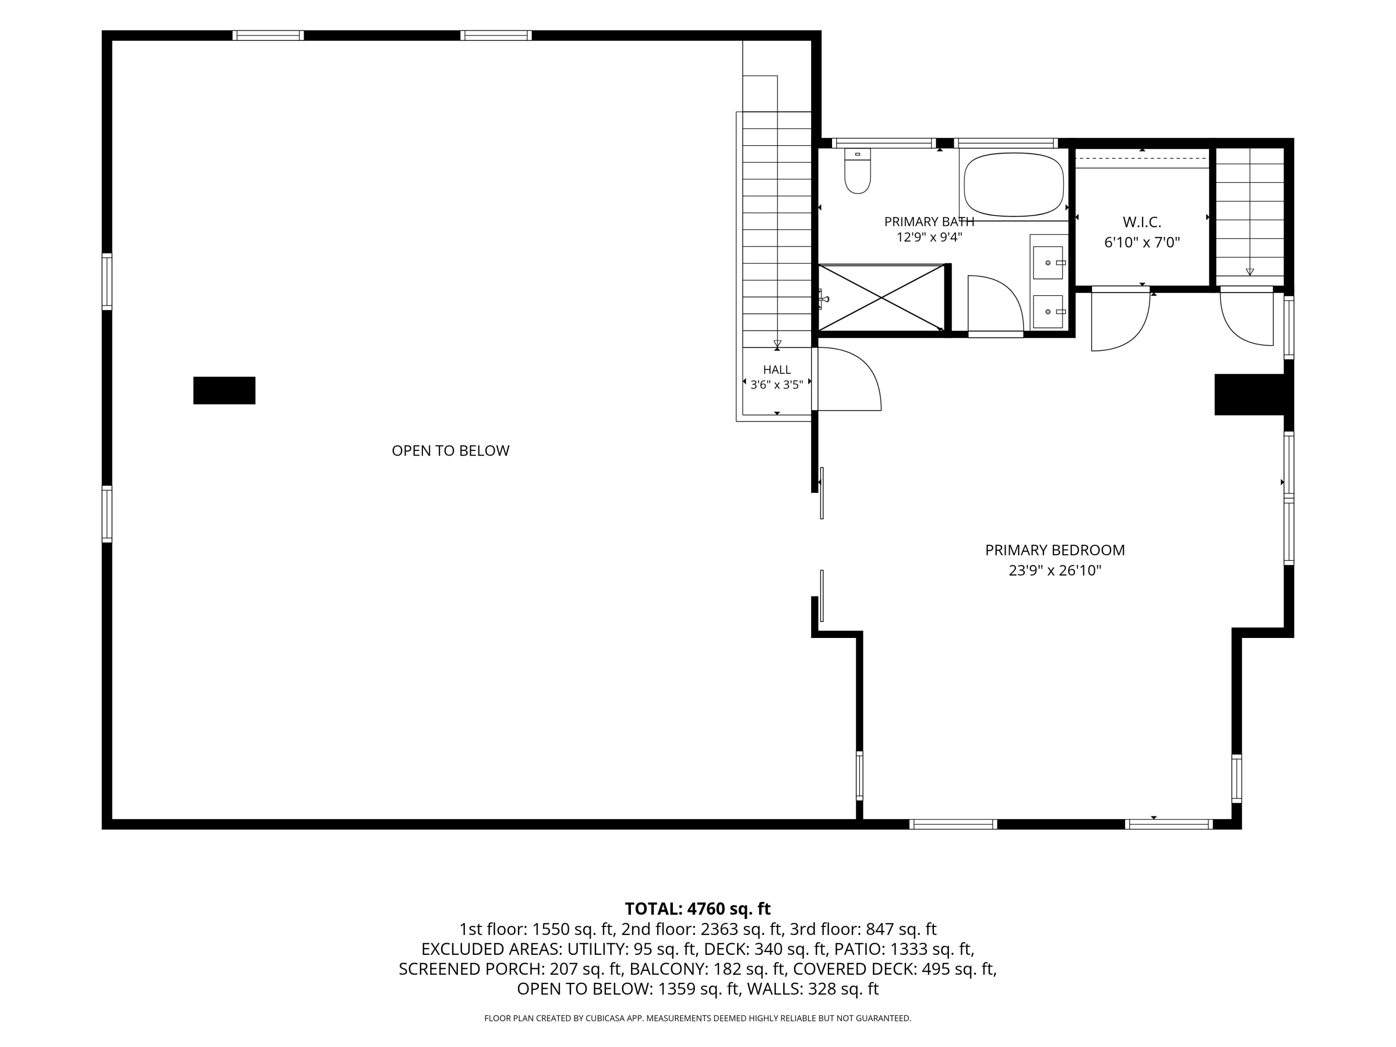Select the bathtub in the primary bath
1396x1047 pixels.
tap(1013, 184)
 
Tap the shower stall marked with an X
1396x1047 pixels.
tap(881, 298)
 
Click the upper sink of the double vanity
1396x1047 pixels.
tap(1048, 262)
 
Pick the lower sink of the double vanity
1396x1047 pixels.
tap(1048, 312)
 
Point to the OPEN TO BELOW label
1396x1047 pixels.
tap(450, 450)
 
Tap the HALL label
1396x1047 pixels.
tap(777, 370)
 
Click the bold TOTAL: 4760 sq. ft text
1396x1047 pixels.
tap(698, 909)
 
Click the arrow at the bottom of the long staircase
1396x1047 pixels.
tap(777, 343)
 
